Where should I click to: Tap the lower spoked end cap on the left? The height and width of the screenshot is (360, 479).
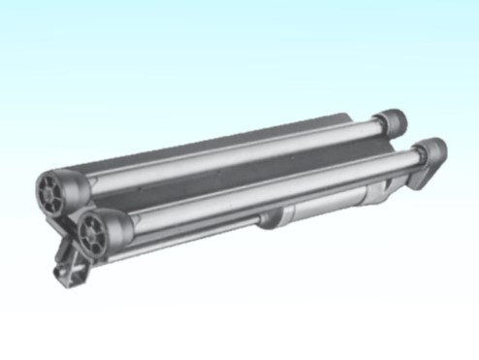pos(95,233)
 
